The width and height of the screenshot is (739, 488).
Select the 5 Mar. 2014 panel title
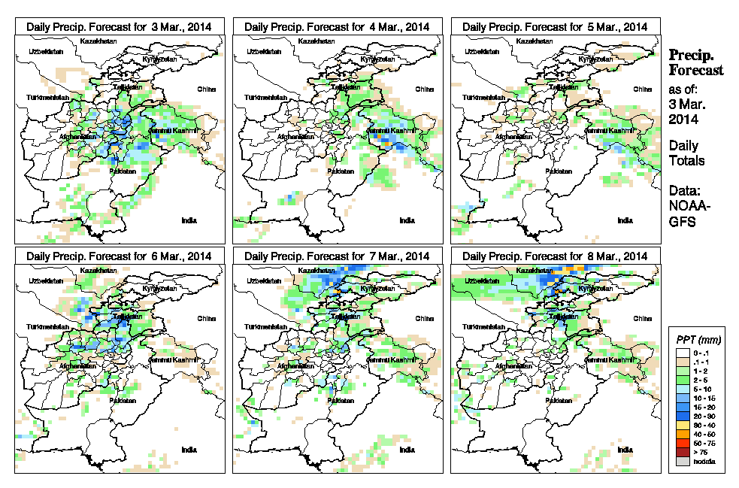[555, 26]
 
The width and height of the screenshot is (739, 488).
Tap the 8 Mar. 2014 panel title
[555, 256]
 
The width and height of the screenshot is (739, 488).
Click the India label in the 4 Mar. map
[407, 220]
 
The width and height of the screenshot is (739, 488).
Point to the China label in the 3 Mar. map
[206, 89]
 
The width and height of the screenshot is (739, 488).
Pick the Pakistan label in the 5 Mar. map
[557, 171]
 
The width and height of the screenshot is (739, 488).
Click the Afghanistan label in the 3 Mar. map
[79, 137]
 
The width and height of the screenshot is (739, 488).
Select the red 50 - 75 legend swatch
[680, 444]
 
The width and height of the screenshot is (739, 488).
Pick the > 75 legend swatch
[680, 453]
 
